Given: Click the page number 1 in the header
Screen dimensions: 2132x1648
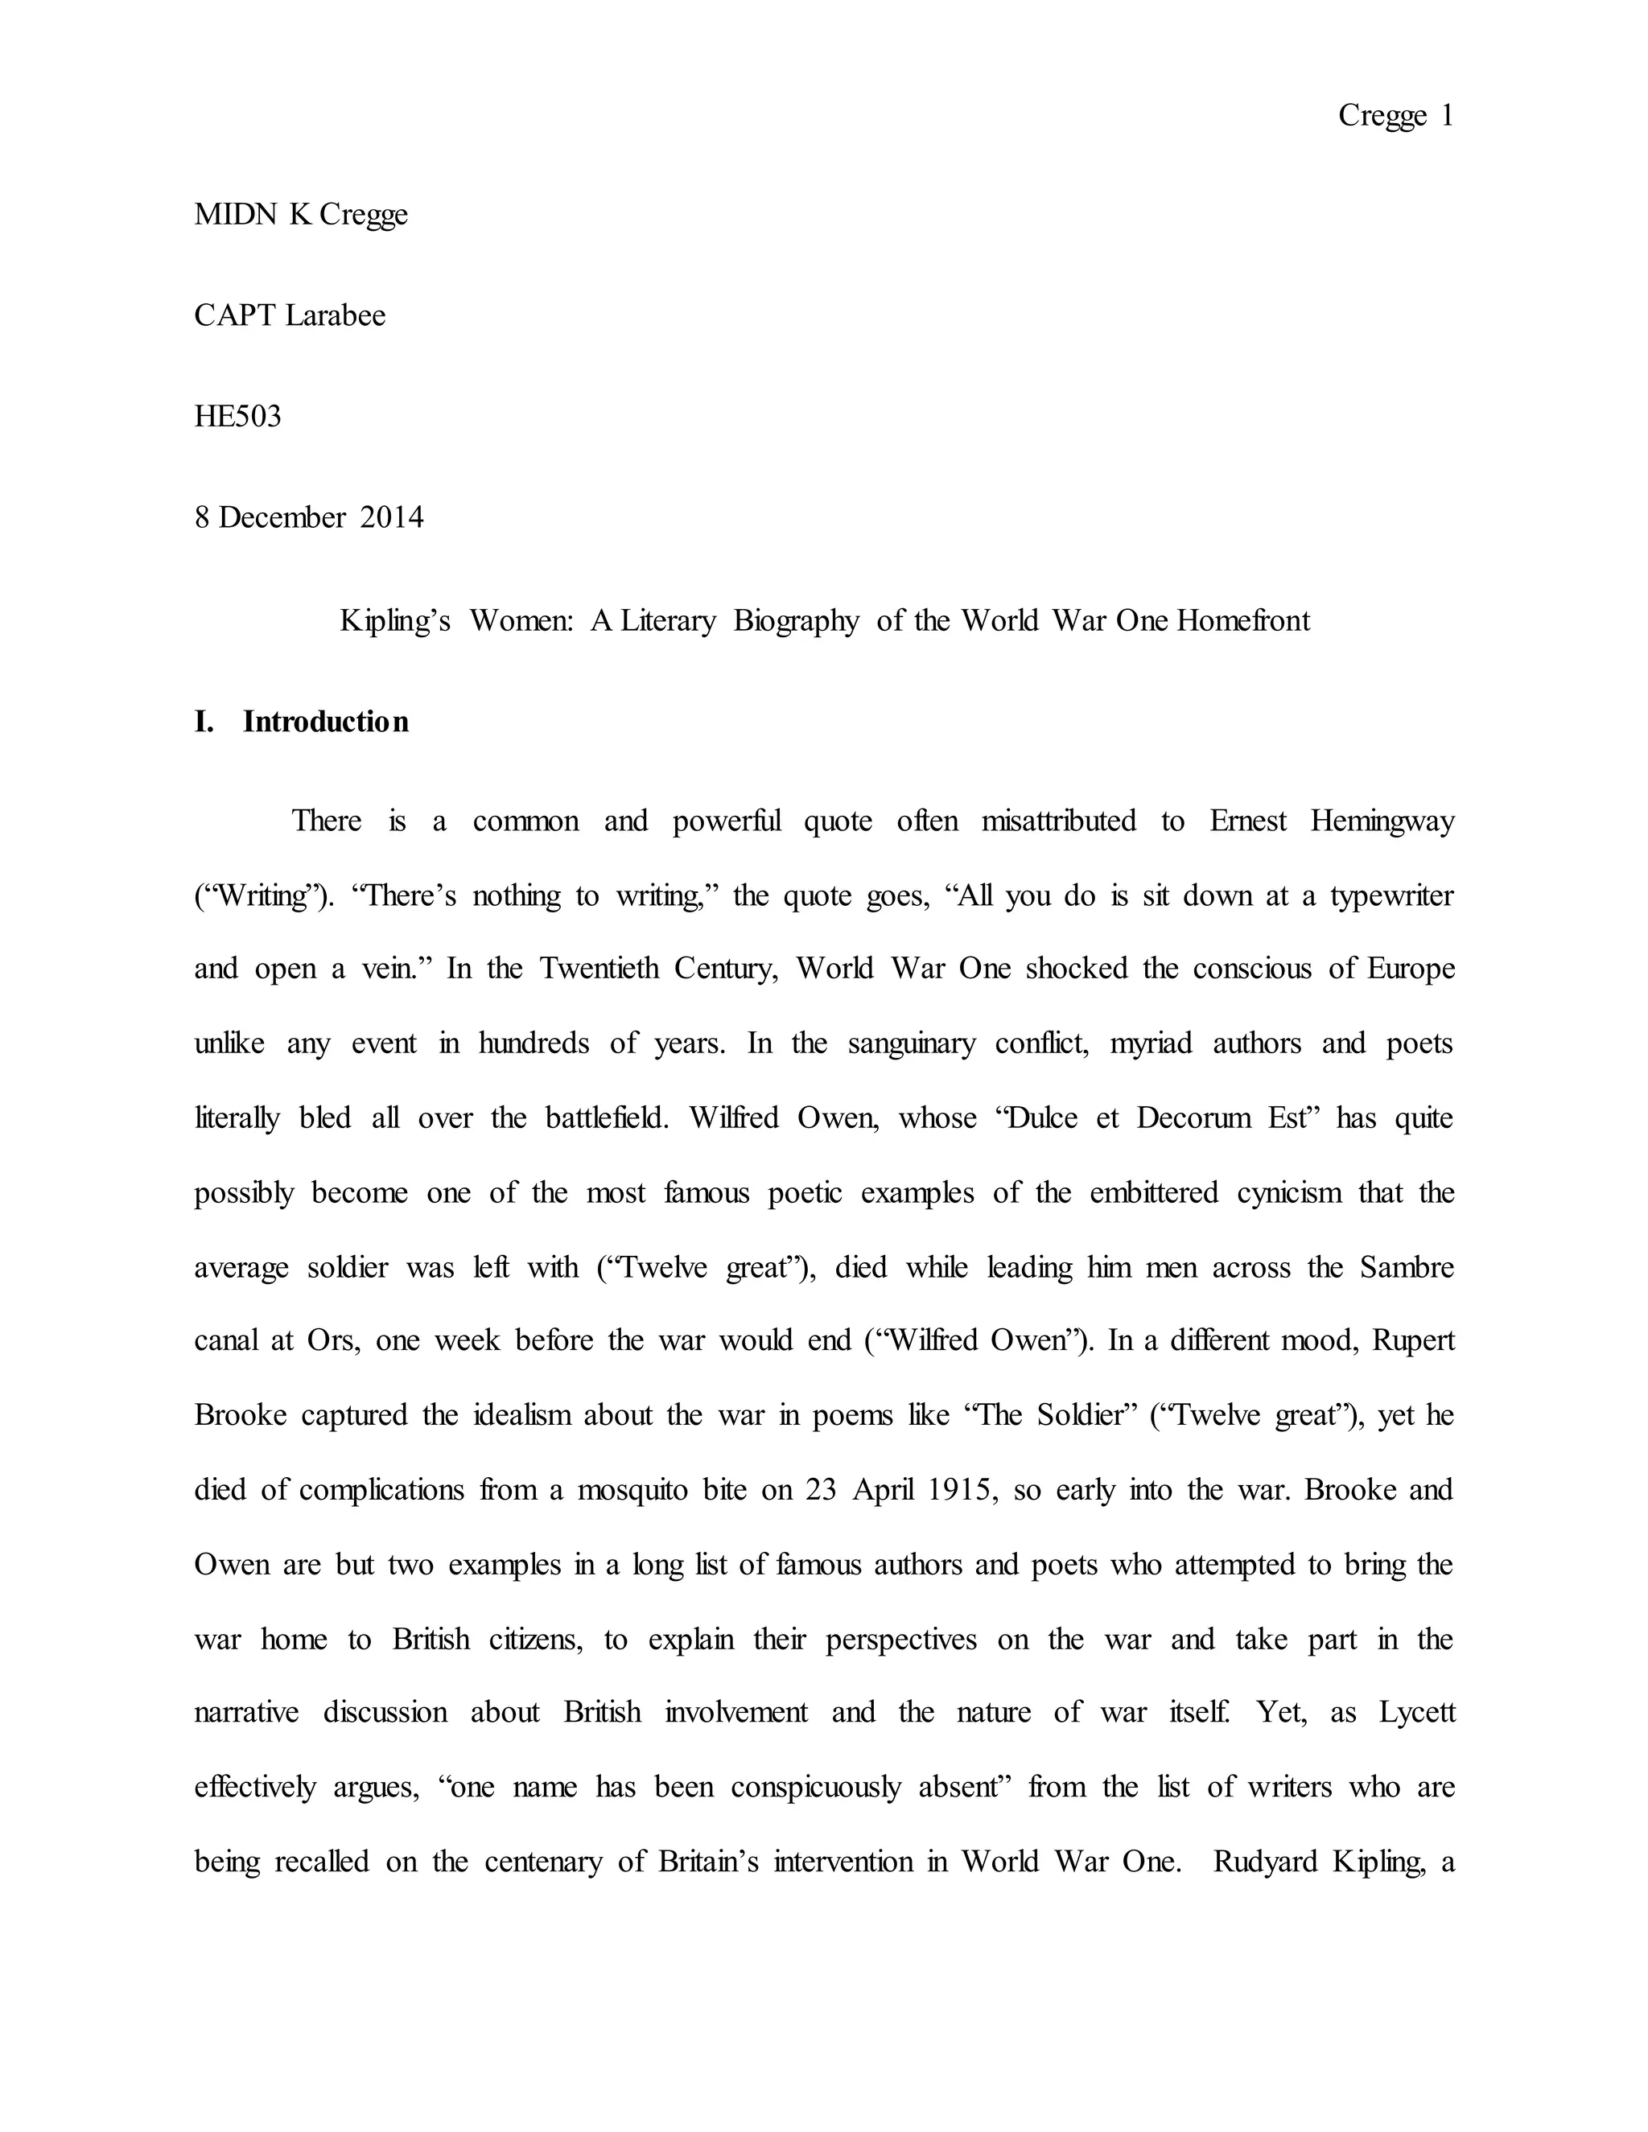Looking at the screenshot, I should coord(1447,116).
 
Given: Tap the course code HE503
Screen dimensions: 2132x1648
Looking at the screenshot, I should coord(237,417).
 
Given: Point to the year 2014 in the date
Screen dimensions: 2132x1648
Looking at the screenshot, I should coord(392,517).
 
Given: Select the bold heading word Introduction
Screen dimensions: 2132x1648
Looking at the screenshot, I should coord(325,722).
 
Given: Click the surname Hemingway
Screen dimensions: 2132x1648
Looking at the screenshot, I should coord(1382,821).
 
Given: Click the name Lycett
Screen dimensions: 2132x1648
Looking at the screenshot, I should coord(1416,1712).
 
